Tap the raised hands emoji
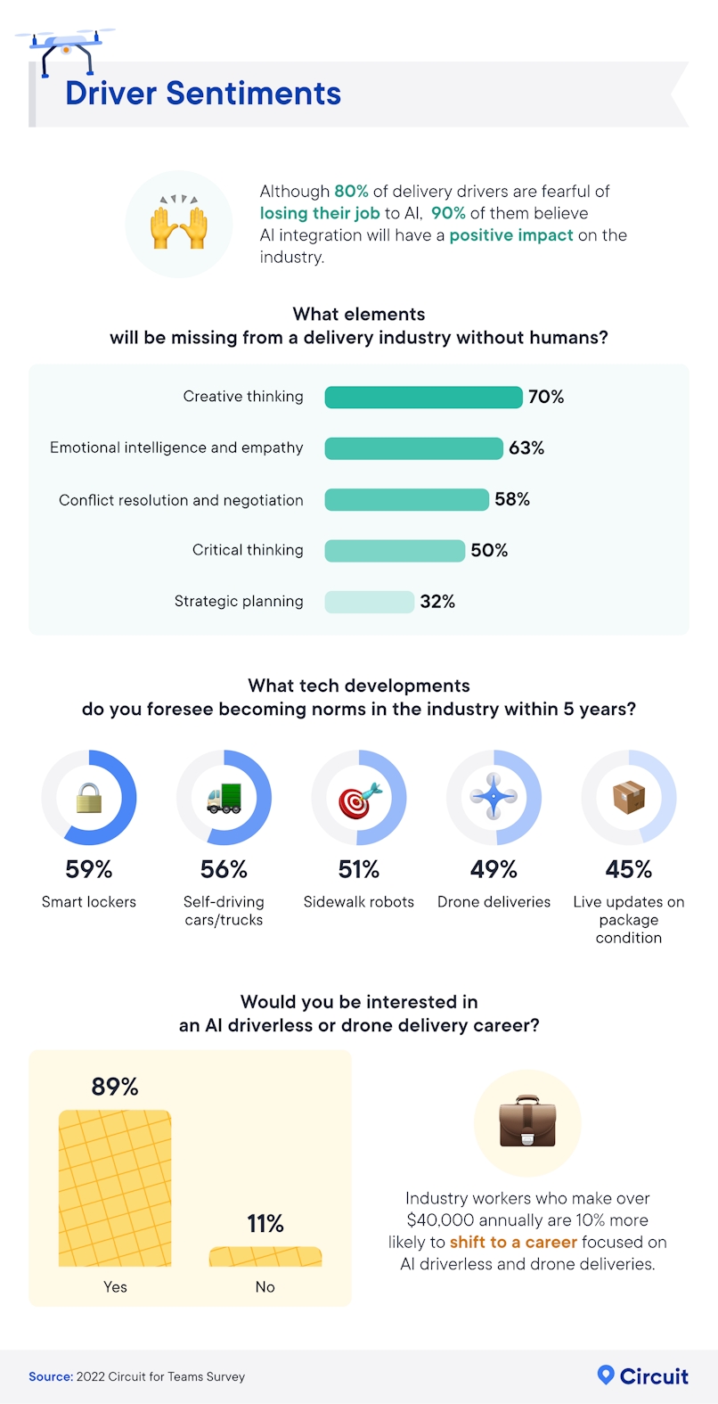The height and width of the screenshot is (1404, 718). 179,224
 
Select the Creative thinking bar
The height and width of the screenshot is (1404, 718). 423,397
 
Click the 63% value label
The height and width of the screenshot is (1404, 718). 526,448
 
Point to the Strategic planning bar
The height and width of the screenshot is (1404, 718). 369,602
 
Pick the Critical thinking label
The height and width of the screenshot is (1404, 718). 248,550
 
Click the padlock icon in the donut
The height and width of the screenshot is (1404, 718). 89,798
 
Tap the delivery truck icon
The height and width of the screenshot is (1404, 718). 224,798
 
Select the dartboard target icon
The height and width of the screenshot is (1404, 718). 359,799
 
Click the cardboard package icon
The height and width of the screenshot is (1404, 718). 629,797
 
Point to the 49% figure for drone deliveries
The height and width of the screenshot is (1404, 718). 494,869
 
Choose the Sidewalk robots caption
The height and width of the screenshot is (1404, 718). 359,902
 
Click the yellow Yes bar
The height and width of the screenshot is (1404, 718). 115,1187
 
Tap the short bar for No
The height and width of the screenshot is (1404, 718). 265,1257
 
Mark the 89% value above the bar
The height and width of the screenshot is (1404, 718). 115,1087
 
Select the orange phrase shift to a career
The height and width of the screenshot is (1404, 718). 513,1242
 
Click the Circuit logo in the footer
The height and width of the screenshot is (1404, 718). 643,1375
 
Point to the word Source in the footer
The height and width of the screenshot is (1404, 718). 50,1376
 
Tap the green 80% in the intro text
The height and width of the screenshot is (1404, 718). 351,191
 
